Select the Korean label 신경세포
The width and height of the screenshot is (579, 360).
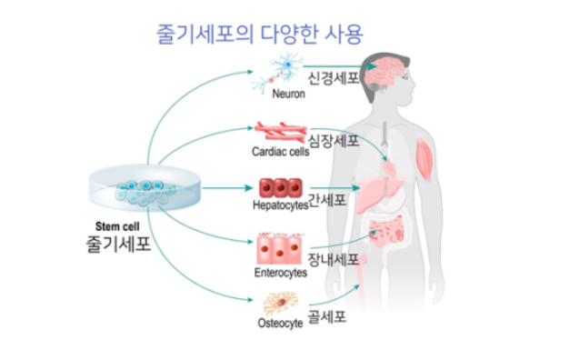coord(333,79)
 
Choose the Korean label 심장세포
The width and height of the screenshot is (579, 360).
coord(334,142)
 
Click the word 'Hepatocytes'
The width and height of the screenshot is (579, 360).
coord(280,206)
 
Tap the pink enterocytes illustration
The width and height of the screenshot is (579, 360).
coord(281,248)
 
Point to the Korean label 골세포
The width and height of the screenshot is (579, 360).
coord(327,319)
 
